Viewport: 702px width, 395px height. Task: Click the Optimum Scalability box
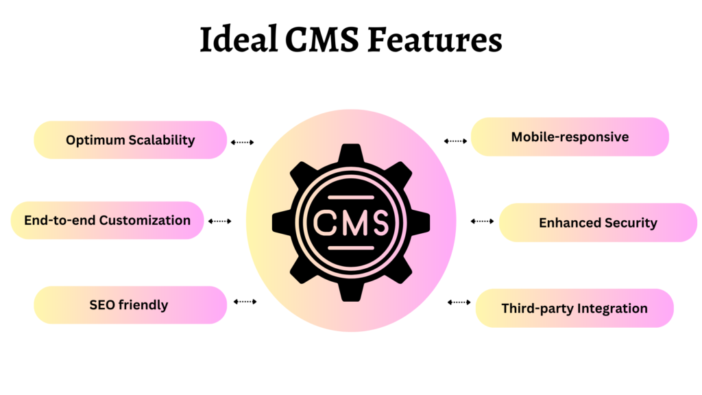click(130, 140)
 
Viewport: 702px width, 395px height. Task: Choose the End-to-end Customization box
click(108, 220)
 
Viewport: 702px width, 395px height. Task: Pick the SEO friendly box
click(130, 304)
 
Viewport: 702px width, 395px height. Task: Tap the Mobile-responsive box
click(570, 136)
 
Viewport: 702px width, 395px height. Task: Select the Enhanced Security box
click(598, 222)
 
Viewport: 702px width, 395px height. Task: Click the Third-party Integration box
click(574, 308)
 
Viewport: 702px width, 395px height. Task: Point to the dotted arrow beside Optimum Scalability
click(242, 143)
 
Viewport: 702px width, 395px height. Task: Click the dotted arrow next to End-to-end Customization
click(219, 222)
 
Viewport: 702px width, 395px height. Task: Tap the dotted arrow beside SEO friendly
click(245, 302)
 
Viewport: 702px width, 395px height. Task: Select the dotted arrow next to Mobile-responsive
click(455, 141)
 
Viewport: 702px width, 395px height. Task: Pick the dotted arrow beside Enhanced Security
click(482, 222)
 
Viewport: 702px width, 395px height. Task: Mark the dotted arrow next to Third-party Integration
click(459, 302)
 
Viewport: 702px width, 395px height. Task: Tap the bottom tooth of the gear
click(351, 291)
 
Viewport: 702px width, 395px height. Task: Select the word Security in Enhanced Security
click(630, 222)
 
